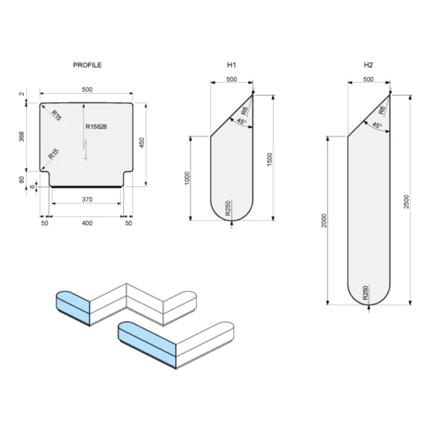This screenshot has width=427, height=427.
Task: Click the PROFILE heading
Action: (87, 65)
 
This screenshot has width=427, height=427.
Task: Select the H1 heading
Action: (231, 65)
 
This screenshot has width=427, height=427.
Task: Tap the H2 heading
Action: (368, 65)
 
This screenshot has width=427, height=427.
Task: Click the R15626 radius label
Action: (96, 127)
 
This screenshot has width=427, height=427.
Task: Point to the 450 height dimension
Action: (142, 143)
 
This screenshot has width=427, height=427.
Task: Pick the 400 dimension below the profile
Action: (87, 224)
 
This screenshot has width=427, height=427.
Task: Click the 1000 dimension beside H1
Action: (188, 178)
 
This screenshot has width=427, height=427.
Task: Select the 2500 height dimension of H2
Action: (406, 200)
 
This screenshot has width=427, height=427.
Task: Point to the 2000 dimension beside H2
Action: (325, 220)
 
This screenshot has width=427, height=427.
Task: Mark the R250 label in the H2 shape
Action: (365, 293)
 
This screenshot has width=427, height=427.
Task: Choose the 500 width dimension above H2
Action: (368, 80)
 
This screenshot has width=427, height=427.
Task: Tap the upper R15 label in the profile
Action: (56, 115)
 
